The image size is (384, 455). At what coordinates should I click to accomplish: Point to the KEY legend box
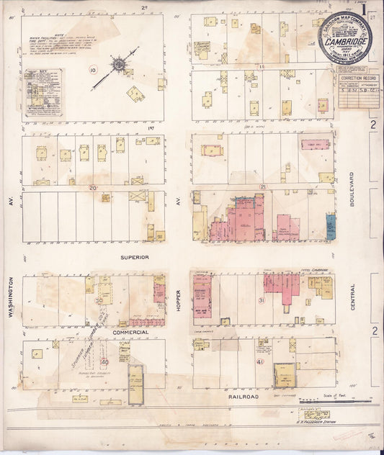(43, 92)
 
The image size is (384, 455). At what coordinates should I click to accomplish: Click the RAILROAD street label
(244, 396)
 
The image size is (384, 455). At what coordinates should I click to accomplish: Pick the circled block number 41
(259, 362)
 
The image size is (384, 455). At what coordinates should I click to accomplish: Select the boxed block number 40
(105, 361)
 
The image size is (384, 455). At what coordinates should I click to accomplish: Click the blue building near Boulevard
(331, 227)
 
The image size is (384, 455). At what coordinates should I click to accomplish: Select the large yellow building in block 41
(284, 374)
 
